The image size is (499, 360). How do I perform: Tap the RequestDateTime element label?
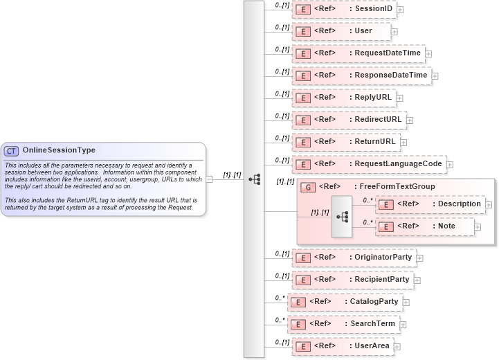tap(387, 53)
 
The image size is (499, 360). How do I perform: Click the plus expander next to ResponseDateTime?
tap(435, 75)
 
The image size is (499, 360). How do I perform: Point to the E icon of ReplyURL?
tap(302, 98)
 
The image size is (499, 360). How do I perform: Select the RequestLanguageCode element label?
tap(398, 164)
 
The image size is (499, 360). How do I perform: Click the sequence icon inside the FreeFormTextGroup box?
tap(342, 215)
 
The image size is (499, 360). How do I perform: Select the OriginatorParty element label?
tap(383, 258)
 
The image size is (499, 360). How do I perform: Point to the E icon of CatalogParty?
tap(297, 302)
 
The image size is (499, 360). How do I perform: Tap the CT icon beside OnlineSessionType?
tap(11, 151)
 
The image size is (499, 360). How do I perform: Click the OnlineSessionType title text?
tap(59, 150)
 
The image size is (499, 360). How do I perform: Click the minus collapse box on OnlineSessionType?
tap(210, 179)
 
